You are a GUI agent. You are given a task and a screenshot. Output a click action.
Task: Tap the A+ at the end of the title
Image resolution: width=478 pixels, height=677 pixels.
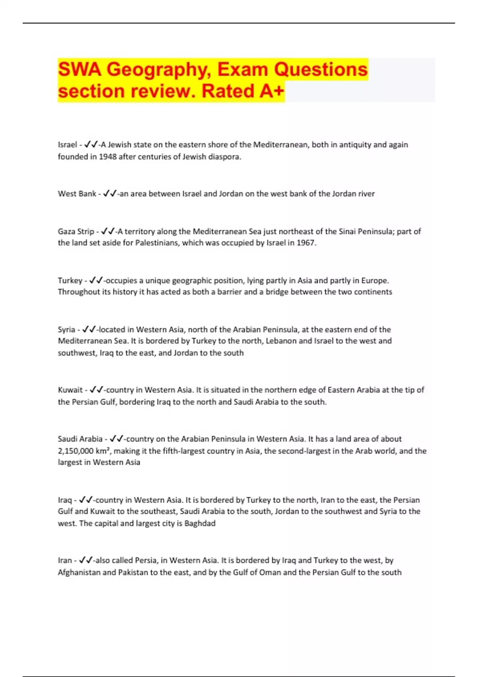coord(272,91)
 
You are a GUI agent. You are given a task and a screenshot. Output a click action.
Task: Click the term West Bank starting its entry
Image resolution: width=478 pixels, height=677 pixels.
coord(77,194)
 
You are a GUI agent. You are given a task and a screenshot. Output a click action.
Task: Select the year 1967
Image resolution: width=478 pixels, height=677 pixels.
coord(306,243)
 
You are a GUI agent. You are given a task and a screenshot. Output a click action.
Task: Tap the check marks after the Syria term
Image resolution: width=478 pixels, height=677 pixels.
coord(89,330)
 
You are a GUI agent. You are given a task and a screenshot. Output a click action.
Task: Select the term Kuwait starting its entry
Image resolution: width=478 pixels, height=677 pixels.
coord(70,390)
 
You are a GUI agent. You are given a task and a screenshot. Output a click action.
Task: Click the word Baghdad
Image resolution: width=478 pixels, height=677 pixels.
coord(200,523)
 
